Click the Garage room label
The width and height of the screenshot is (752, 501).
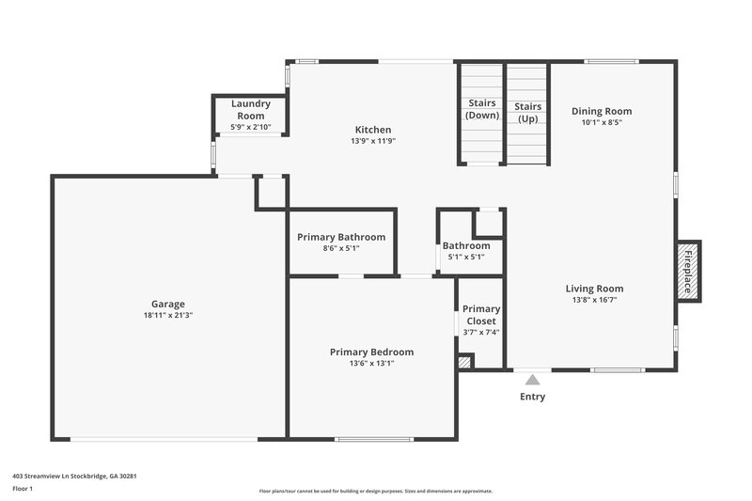pos(168,304)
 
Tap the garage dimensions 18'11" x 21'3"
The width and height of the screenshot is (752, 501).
pos(168,316)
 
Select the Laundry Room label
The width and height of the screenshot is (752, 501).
pos(251,109)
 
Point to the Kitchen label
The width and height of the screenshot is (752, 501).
pos(373,130)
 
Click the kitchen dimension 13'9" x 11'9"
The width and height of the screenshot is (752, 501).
pos(373,141)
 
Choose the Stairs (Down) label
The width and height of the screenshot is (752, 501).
pos(482,110)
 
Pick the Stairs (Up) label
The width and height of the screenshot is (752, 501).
pos(527,113)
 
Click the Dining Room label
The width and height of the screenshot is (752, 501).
pos(603,111)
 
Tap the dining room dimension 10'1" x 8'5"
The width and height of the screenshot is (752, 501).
pos(603,122)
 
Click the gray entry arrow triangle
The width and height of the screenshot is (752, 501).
pos(532,380)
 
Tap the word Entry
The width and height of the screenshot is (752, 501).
pos(532,397)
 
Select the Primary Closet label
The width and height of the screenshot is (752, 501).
pos(481,315)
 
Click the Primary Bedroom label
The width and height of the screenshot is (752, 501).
pos(371,352)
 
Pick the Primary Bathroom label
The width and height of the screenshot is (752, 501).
pos(341,237)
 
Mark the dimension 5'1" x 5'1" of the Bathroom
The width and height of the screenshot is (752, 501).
pos(466,257)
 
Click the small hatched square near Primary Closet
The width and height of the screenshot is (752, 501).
pos(463,361)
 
